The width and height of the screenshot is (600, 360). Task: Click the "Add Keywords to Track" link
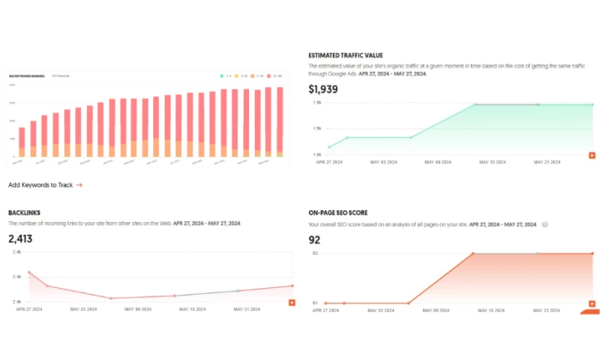pos(45,184)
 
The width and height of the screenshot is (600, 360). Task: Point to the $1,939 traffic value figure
pos(324,89)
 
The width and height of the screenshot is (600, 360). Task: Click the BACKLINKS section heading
pos(24,213)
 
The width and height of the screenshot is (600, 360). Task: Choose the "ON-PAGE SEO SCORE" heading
pos(338,213)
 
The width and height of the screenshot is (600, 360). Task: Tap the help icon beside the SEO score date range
pos(545,224)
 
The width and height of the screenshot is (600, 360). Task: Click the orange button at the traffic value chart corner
pos(592,155)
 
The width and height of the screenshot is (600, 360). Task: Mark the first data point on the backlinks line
pos(29,272)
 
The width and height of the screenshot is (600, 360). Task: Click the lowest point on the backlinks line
pos(111,298)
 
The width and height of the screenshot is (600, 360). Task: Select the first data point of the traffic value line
pos(329,147)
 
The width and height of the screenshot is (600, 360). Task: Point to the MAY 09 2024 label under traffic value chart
pos(439,161)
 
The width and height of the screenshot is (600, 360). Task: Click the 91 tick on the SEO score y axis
pos(316,303)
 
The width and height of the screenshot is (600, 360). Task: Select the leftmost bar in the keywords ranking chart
pos(22,142)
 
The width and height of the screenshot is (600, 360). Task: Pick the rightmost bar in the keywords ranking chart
pos(280,121)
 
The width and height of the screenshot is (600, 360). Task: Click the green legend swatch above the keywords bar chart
pos(221,76)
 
